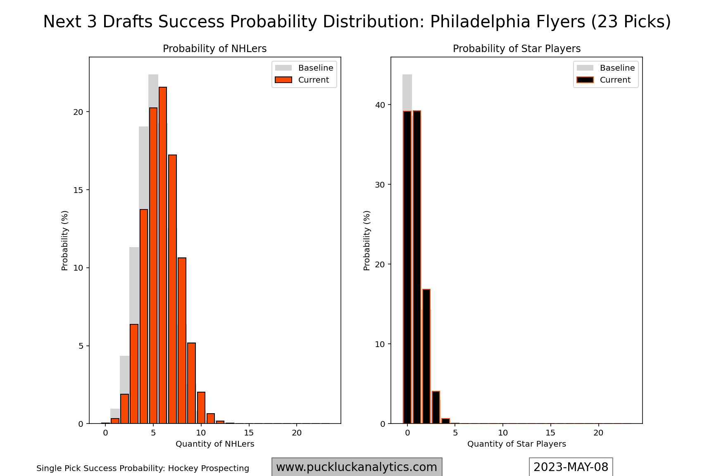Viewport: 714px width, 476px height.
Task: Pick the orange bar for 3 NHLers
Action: pyautogui.click(x=134, y=374)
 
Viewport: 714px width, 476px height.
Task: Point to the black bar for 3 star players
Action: pyautogui.click(x=436, y=407)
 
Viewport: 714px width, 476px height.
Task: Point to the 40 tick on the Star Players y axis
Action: pyautogui.click(x=380, y=105)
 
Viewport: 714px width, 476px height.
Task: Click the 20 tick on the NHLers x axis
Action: pyautogui.click(x=297, y=433)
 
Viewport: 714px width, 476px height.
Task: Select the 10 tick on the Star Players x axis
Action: pyautogui.click(x=503, y=433)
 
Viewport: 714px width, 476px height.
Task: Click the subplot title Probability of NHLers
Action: pyautogui.click(x=214, y=49)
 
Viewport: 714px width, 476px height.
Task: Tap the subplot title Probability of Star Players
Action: pyautogui.click(x=516, y=49)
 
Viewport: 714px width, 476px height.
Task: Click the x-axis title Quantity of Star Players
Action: pyautogui.click(x=516, y=444)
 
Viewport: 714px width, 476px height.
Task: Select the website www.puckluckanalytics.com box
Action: pyautogui.click(x=357, y=467)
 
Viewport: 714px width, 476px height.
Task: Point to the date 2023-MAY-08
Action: pyautogui.click(x=571, y=467)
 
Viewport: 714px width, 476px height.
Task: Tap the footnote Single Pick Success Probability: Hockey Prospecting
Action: pyautogui.click(x=143, y=468)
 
